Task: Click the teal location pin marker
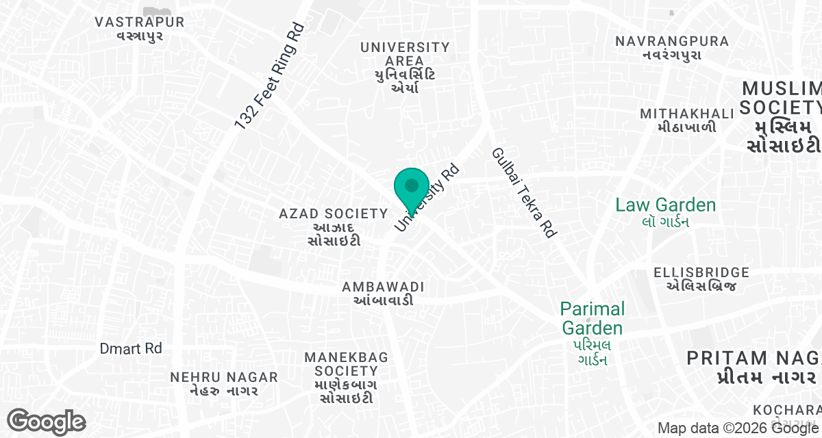pos(412,188)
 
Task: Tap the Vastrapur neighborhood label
pos(140,28)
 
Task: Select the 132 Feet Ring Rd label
pos(269,77)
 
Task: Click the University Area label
pos(405,66)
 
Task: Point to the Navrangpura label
pos(672,47)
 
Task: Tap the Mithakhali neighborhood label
pos(678,120)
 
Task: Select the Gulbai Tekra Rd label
pos(523,192)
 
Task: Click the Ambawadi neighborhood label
pos(384,293)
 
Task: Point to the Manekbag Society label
pos(346,377)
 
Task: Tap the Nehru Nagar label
pos(224,383)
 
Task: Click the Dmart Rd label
pos(131,348)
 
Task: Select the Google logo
pos(46,422)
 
